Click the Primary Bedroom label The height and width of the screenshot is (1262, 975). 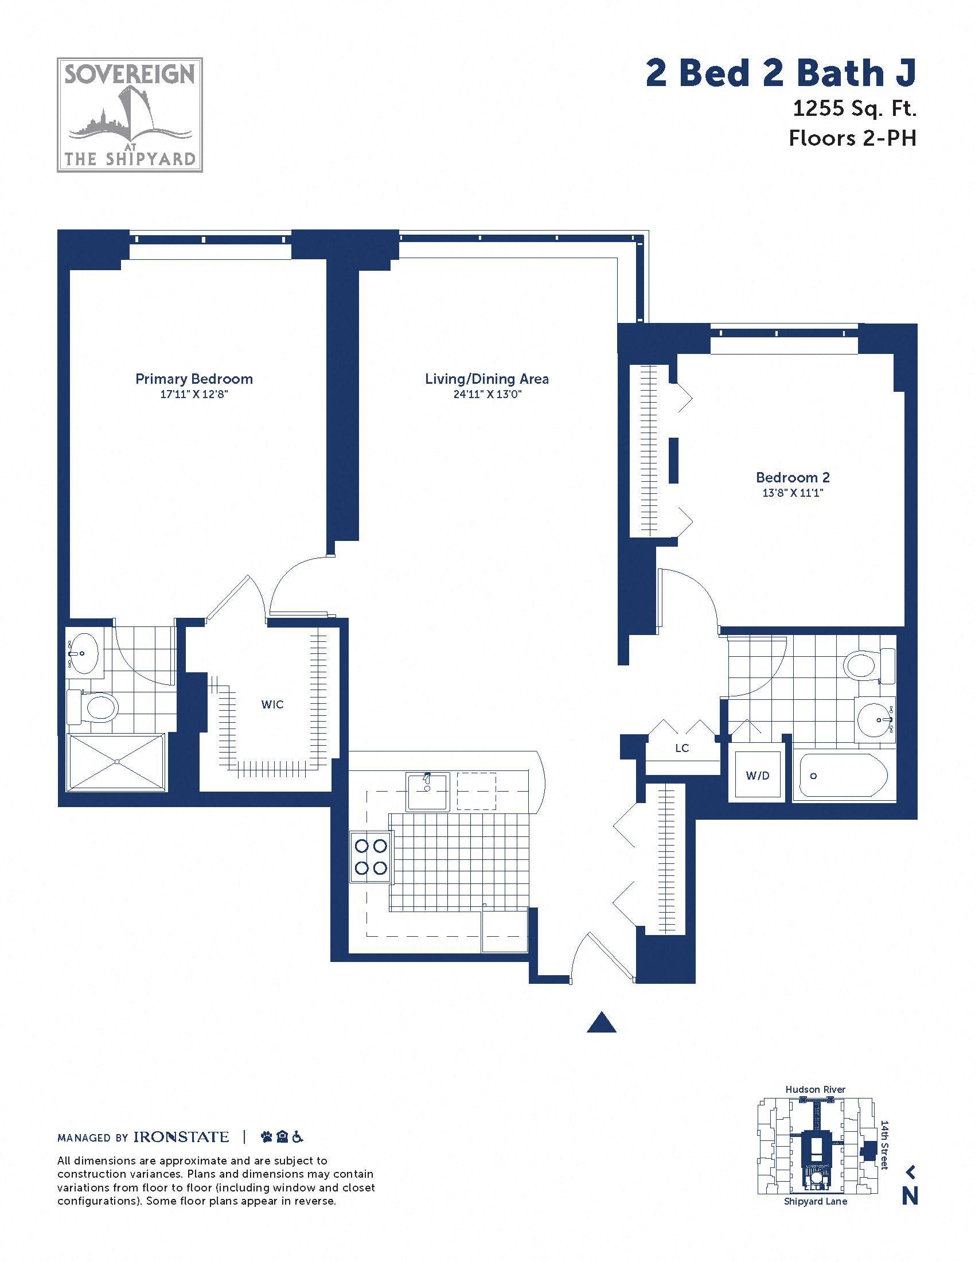pos(194,379)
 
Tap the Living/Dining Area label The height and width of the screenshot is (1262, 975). pos(487,379)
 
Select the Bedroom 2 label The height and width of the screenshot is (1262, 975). pos(793,477)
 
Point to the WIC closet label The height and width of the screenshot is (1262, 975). pos(272,704)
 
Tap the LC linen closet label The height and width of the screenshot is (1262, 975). pos(682,748)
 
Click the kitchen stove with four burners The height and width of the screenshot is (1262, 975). pos(371,857)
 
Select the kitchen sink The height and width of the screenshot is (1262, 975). pos(427,792)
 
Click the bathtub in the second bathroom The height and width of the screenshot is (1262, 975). pos(843,776)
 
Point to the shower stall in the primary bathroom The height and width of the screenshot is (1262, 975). pos(116,762)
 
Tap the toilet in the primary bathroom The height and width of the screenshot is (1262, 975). pos(93,707)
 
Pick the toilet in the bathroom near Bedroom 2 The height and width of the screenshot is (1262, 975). pos(869,665)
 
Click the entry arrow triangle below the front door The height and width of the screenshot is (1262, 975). pos(601,1022)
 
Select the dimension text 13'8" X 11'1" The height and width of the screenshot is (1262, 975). pos(793,493)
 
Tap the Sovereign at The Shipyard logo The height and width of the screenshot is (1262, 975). pos(130,114)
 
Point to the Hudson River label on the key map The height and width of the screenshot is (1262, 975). pos(815,1089)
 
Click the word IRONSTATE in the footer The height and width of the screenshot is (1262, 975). pos(181,1137)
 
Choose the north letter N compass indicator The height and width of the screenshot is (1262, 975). pos(910,1195)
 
